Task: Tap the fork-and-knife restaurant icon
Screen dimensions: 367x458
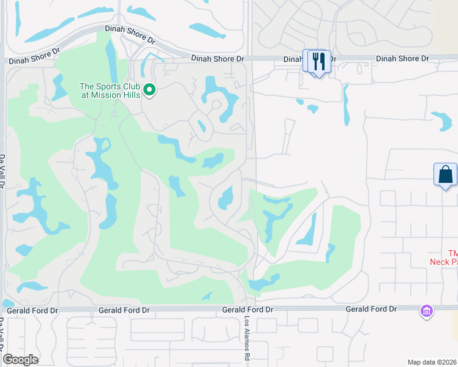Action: (318, 61)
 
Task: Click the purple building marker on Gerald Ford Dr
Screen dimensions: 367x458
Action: (426, 311)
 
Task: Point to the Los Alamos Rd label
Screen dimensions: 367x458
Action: (248, 339)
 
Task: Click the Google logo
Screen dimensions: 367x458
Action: (20, 360)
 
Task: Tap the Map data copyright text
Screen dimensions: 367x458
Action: (432, 362)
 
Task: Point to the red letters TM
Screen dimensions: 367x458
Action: (452, 253)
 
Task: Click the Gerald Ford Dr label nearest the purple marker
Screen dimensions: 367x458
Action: (370, 309)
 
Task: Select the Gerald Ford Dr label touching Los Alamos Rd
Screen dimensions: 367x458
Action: (247, 310)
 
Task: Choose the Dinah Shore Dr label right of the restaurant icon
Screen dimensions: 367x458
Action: (402, 58)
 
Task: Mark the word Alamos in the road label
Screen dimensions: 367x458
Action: (248, 337)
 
